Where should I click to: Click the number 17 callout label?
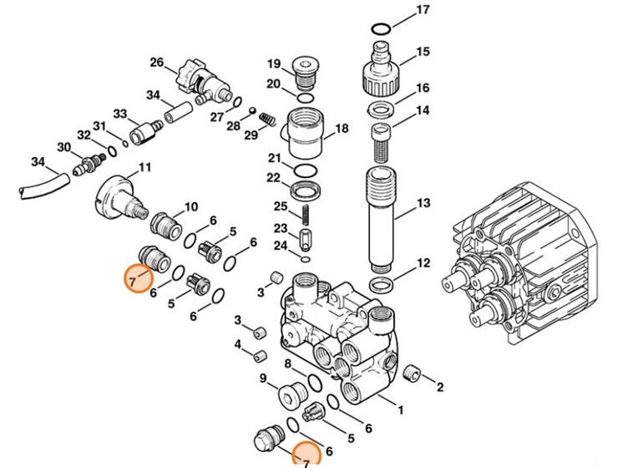[x=423, y=10]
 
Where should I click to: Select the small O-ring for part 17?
[x=380, y=29]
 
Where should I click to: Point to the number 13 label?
[x=423, y=203]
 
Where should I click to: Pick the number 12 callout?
[x=423, y=263]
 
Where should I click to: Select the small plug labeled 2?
[x=410, y=373]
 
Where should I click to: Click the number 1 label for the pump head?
[x=400, y=410]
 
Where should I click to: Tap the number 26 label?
[x=156, y=63]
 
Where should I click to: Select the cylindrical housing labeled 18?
[x=305, y=132]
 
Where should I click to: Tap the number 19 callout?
[x=273, y=64]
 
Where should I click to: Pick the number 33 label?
[x=119, y=114]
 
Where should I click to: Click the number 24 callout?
[x=281, y=246]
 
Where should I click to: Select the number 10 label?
[x=191, y=206]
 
